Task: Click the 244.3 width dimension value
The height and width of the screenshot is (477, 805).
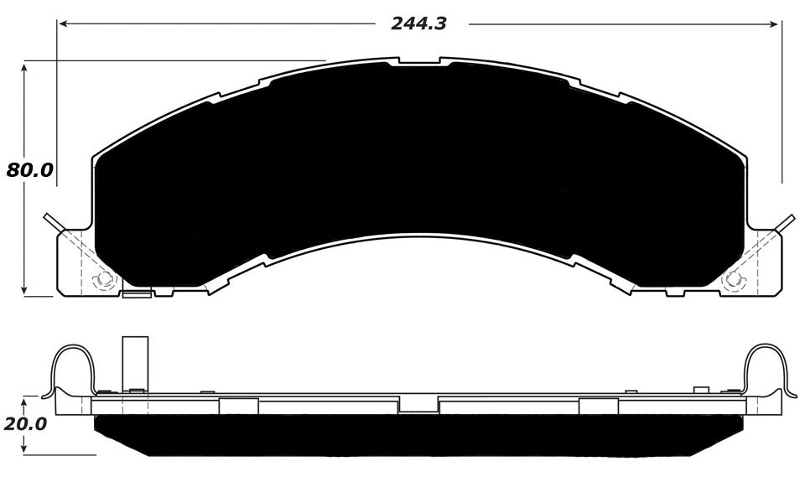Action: pos(418,24)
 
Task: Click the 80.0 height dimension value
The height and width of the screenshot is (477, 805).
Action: pos(29,170)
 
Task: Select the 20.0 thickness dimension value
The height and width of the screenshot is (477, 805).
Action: pos(24,424)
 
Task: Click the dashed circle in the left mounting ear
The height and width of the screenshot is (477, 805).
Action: pos(104,279)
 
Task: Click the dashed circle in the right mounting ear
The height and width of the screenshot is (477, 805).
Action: pos(734,279)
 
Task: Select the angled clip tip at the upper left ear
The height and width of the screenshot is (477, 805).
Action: pos(50,220)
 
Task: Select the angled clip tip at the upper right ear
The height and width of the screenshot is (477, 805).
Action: pos(787,220)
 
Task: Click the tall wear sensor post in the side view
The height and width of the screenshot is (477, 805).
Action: pos(134,362)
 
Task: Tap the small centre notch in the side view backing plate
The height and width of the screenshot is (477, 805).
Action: pos(418,405)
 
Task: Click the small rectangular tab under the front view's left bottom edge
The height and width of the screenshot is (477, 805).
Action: pos(136,294)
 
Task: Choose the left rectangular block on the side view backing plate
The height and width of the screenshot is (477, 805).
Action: pos(237,407)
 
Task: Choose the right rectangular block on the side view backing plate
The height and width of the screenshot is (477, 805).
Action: pos(598,407)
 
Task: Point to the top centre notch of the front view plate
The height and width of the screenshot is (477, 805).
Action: pos(418,60)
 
